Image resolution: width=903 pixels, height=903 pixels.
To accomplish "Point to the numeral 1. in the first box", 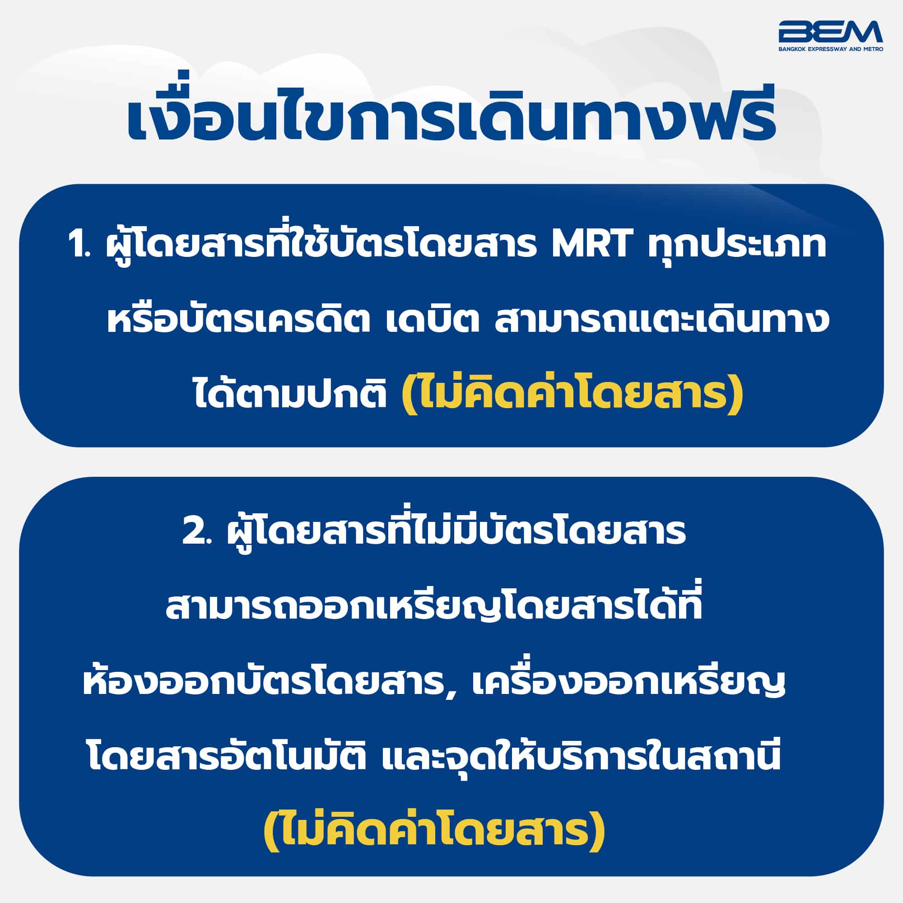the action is pyautogui.click(x=80, y=247).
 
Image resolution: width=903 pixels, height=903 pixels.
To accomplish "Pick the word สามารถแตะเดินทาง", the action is pyautogui.click(x=659, y=320).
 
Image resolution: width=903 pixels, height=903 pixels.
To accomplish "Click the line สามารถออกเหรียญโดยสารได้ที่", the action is pyautogui.click(x=434, y=606).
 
